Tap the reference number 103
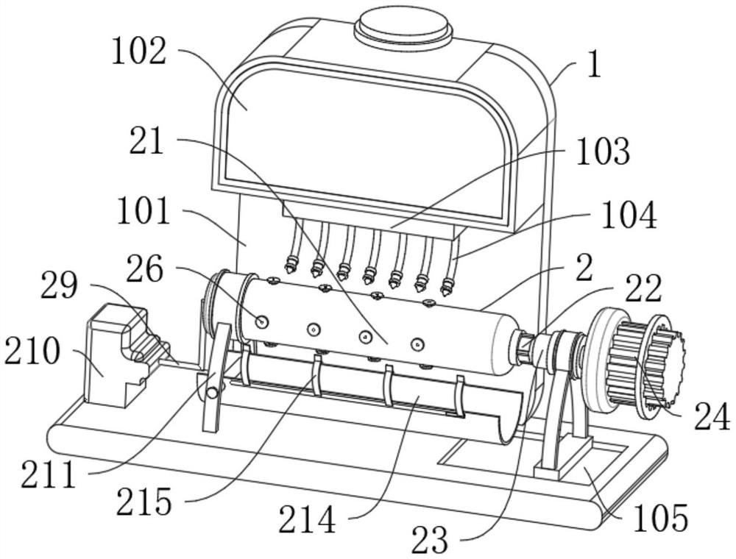pos(603,152)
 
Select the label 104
pos(629,216)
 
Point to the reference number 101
pos(144,211)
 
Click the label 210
pos(32,352)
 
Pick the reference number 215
pos(144,502)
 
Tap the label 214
pos(307,520)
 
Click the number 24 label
pos(712,417)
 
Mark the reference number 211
pos(48,474)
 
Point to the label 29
pos(59,286)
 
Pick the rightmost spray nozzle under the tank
pos(447,285)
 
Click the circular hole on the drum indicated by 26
pos(261,321)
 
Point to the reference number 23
pos(430,540)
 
